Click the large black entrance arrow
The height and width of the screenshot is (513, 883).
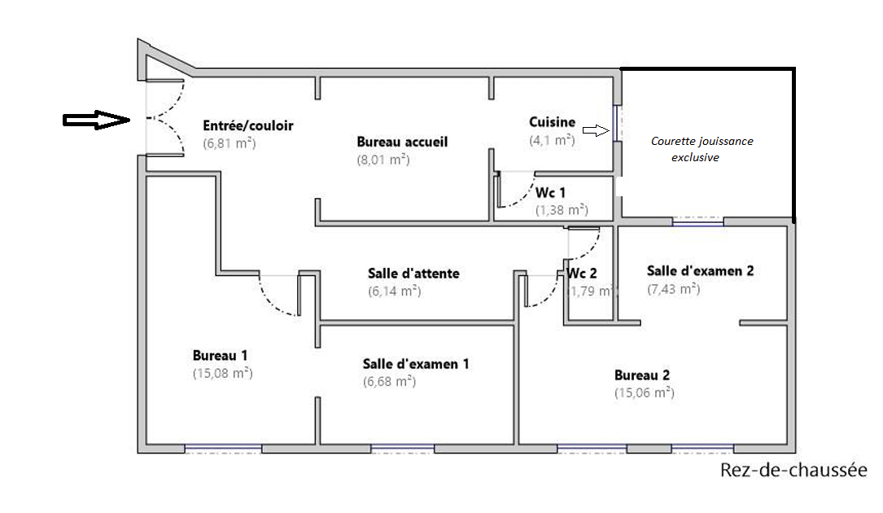pos(96,120)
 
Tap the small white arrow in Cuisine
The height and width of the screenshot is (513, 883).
pos(596,131)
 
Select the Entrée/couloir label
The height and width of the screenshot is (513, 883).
pos(247,125)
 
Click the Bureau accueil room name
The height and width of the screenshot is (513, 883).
pos(402,142)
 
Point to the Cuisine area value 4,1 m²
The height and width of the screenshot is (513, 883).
pos(552,140)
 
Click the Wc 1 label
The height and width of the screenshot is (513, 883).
pos(550,193)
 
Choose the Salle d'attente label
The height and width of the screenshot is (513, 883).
pos(413,274)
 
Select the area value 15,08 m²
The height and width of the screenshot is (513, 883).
pos(222,373)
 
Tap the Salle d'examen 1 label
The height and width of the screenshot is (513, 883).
pos(416,364)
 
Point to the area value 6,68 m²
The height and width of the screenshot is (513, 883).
pos(389,382)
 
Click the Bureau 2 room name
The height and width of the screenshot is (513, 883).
pos(642,375)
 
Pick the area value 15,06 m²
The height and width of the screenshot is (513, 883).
pos(645,393)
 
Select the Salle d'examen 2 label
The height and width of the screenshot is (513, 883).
pos(700,271)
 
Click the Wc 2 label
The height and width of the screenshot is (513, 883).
pos(582,274)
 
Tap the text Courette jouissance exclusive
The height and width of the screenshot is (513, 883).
pos(702,149)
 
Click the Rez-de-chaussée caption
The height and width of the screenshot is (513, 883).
pos(793,470)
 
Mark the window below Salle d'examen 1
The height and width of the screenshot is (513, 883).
pos(402,449)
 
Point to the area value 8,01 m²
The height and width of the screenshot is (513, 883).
pos(383,160)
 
